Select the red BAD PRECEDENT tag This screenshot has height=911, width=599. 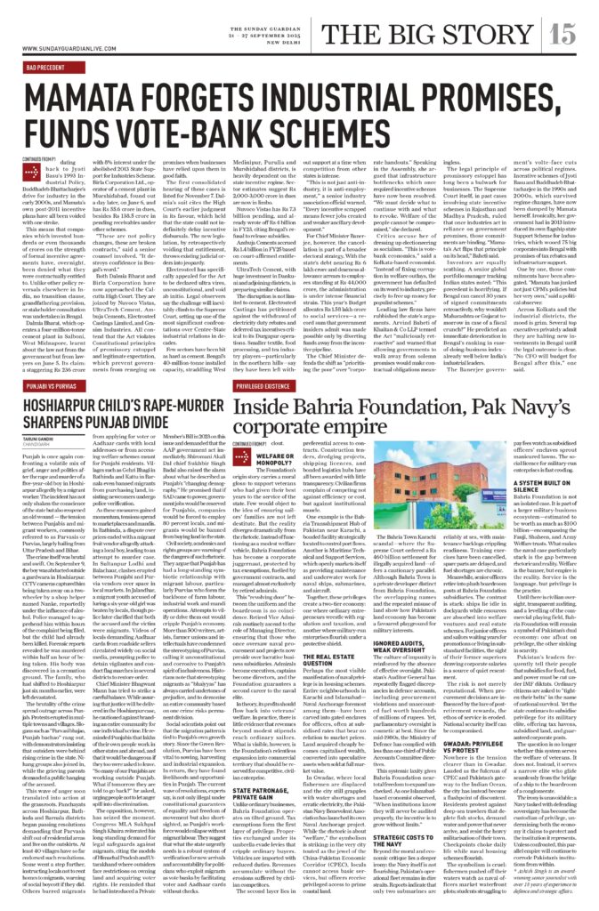(48, 67)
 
